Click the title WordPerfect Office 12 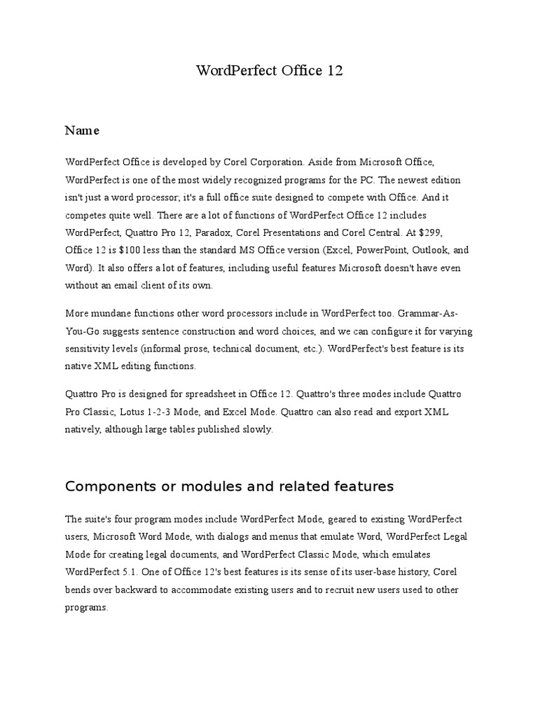[269, 71]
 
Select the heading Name [82, 130]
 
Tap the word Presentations [308, 232]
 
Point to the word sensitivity [88, 347]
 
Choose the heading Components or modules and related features [229, 486]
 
